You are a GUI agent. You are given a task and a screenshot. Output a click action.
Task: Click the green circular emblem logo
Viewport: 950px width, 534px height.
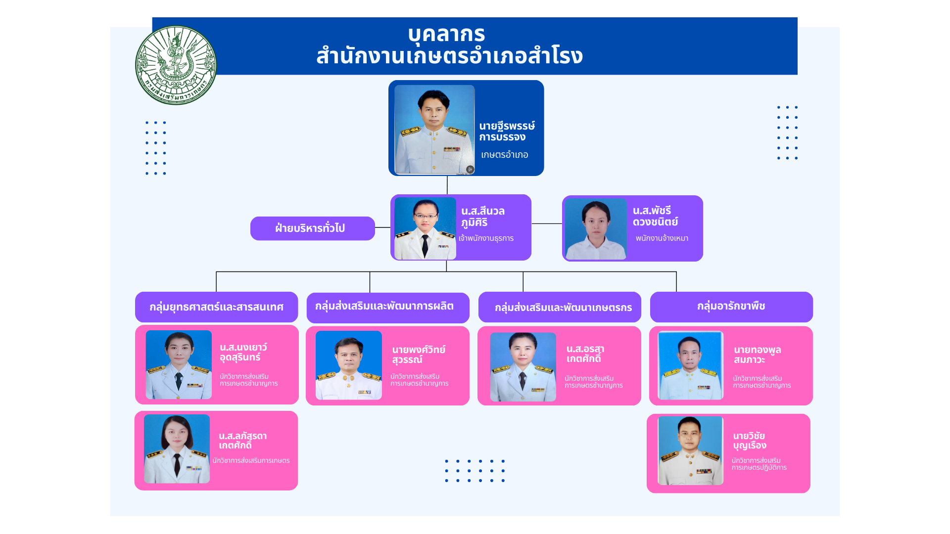pyautogui.click(x=176, y=65)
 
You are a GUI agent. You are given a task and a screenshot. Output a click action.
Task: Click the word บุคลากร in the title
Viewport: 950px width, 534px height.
pyautogui.click(x=446, y=34)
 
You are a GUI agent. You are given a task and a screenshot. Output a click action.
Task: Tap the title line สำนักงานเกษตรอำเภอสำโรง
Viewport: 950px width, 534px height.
pyautogui.click(x=449, y=55)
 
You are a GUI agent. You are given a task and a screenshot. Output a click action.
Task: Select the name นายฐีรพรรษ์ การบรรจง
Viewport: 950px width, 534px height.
pyautogui.click(x=507, y=132)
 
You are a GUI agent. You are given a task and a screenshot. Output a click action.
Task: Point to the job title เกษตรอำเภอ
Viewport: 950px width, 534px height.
pyautogui.click(x=504, y=155)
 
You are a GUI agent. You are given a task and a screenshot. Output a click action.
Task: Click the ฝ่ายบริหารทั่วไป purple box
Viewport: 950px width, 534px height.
pyautogui.click(x=313, y=228)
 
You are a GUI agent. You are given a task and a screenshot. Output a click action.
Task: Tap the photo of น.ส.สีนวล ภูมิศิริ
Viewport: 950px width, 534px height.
pyautogui.click(x=425, y=228)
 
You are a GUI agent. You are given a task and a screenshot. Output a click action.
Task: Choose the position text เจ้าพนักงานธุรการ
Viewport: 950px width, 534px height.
pyautogui.click(x=486, y=238)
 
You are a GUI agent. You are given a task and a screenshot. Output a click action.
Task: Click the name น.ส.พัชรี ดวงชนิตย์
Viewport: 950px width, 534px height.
pyautogui.click(x=655, y=217)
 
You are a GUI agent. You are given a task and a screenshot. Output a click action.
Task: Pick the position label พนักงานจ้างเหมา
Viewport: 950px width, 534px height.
pyautogui.click(x=662, y=238)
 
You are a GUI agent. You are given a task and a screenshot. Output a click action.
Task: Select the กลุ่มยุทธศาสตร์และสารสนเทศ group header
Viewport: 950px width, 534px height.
pyautogui.click(x=217, y=307)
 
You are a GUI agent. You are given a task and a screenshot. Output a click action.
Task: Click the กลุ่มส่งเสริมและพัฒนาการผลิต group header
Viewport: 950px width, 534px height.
pyautogui.click(x=388, y=307)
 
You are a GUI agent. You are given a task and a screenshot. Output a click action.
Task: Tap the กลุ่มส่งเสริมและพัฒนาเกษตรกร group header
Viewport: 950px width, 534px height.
pyautogui.click(x=560, y=307)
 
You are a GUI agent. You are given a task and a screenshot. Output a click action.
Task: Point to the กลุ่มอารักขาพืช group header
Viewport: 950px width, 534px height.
pyautogui.click(x=731, y=307)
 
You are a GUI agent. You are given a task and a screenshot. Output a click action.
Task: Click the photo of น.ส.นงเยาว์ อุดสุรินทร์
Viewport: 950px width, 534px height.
pyautogui.click(x=179, y=365)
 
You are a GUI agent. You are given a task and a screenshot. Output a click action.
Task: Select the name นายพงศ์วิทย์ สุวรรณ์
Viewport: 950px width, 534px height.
pyautogui.click(x=419, y=355)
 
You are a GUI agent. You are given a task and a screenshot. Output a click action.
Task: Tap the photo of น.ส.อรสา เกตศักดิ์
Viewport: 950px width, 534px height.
pyautogui.click(x=523, y=367)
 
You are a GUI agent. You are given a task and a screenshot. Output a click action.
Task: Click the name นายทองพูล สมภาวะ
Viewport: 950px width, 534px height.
pyautogui.click(x=757, y=355)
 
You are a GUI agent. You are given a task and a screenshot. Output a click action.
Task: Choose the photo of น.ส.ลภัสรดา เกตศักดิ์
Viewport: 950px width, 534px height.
pyautogui.click(x=177, y=449)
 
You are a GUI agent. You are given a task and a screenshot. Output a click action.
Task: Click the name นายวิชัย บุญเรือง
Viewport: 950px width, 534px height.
pyautogui.click(x=750, y=441)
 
